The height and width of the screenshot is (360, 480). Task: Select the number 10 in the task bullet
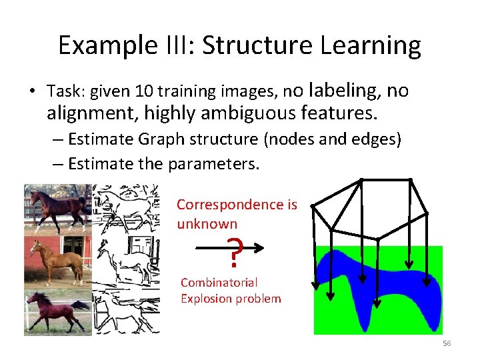[x=145, y=91]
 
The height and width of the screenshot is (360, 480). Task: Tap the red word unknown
[x=207, y=223]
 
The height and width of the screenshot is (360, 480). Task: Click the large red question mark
[x=234, y=251]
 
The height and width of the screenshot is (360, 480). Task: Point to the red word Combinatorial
[x=219, y=283]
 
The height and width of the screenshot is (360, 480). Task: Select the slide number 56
[x=447, y=343]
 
